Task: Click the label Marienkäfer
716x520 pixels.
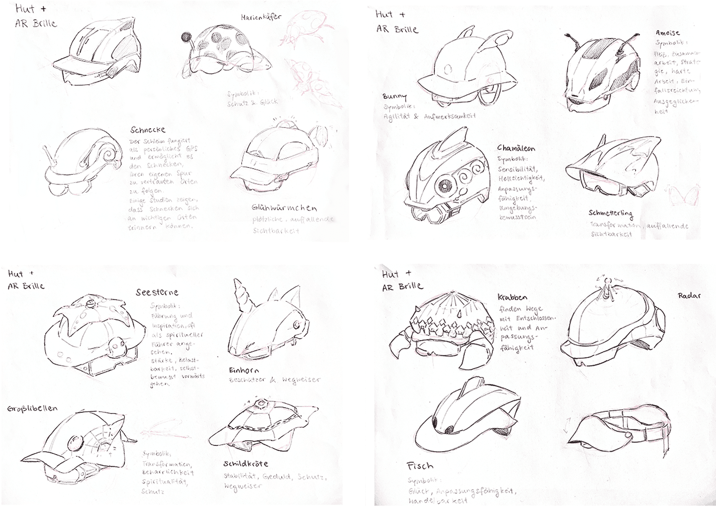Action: coord(261,18)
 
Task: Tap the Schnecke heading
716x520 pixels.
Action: coord(147,130)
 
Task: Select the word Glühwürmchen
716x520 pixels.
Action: coord(284,208)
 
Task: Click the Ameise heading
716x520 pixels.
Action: coord(668,33)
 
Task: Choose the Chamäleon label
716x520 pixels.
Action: coord(516,148)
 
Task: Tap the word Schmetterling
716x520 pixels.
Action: coord(610,214)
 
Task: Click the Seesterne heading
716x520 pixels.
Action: coord(157,292)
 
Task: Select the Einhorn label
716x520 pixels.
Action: coord(244,370)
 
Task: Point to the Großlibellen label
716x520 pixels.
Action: coord(32,408)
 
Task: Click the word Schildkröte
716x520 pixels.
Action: coord(246,464)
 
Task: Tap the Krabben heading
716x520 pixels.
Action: coord(512,297)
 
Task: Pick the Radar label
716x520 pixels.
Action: coord(689,296)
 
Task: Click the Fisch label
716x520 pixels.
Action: coord(420,466)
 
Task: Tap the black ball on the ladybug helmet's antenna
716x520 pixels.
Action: coord(185,38)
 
